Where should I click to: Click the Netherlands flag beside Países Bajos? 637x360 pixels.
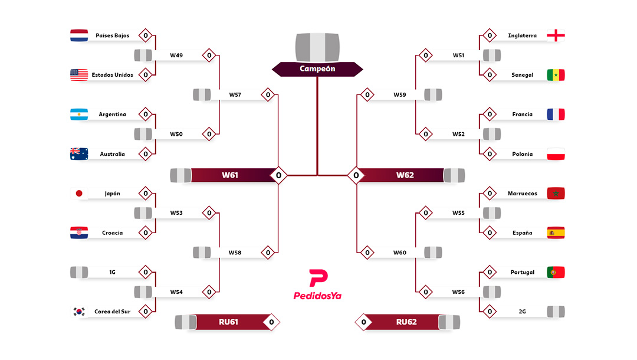pos(79,35)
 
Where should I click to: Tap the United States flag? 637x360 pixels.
pos(79,75)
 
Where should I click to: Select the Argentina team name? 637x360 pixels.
pos(112,114)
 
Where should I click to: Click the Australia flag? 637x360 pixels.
pos(79,154)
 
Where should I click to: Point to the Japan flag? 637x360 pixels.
pos(79,194)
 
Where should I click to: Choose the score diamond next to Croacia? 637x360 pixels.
pos(146,233)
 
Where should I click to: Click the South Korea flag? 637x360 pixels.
pos(79,312)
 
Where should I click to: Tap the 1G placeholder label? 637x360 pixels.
pos(112,272)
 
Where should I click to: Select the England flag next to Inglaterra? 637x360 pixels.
pos(556,35)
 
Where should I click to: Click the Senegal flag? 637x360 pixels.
pos(556,75)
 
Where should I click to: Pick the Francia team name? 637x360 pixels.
pos(523,114)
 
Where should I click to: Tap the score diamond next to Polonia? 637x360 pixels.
pos(489,154)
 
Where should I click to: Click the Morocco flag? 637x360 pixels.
pos(556,194)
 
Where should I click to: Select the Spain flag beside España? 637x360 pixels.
pos(556,233)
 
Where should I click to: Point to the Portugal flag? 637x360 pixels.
pos(556,272)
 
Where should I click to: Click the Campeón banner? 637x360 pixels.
pos(317,69)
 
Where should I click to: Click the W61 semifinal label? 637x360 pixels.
pos(230,175)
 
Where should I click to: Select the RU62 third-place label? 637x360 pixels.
pos(406,322)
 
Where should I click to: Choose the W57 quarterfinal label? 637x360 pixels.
pos(235,95)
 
